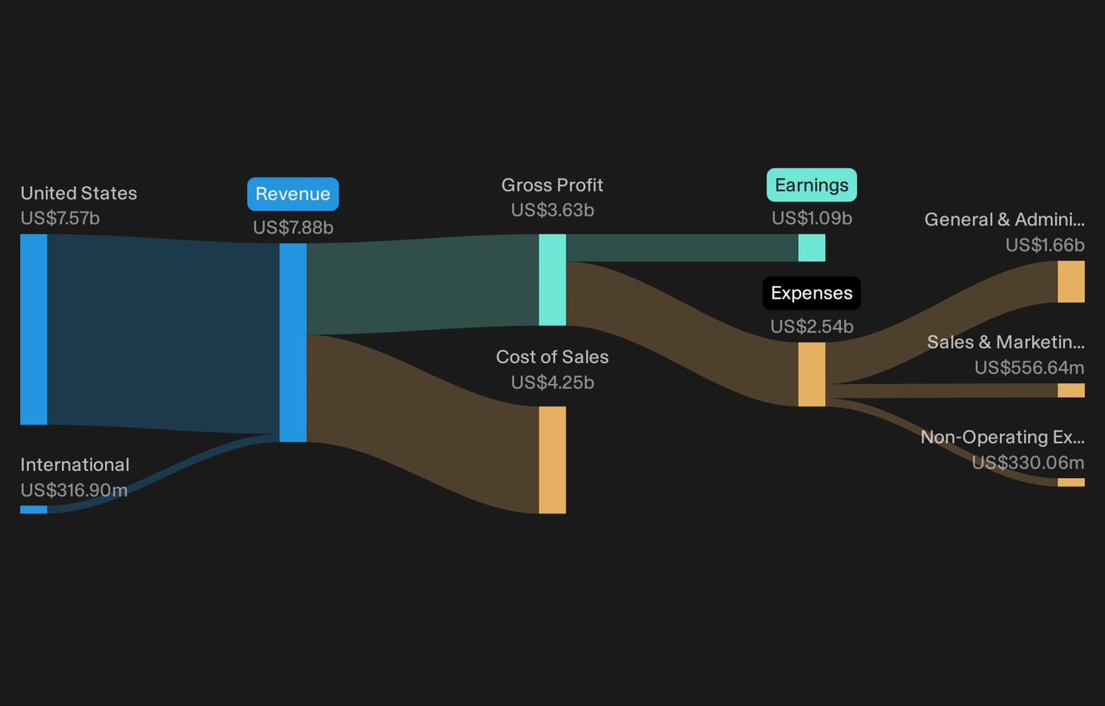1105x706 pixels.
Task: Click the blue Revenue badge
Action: [x=293, y=194]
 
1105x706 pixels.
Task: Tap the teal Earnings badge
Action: [x=812, y=185]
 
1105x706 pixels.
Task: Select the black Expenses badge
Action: [x=812, y=293]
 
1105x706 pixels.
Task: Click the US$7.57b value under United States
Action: [x=60, y=218]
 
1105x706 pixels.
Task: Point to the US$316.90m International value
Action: [x=74, y=490]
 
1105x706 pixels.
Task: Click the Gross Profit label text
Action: [x=552, y=185]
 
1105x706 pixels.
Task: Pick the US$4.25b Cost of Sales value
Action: [x=552, y=382]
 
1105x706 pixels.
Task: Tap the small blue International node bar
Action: [x=34, y=510]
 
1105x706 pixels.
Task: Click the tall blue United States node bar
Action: [x=34, y=329]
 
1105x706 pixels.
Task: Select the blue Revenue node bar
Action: [x=293, y=342]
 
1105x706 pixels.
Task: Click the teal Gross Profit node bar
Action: [x=552, y=280]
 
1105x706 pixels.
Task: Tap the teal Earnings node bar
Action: [x=812, y=248]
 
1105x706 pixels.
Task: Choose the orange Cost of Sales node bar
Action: [x=552, y=460]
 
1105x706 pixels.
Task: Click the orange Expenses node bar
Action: [x=812, y=374]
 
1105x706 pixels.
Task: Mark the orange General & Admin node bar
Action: [x=1071, y=282]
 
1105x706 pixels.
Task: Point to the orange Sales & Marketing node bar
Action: [x=1071, y=391]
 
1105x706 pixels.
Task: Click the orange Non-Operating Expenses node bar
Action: [x=1071, y=483]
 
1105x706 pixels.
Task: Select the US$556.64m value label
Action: [x=1029, y=368]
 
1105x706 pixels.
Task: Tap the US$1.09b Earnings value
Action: [x=812, y=218]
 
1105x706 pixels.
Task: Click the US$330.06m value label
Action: [x=1028, y=462]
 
